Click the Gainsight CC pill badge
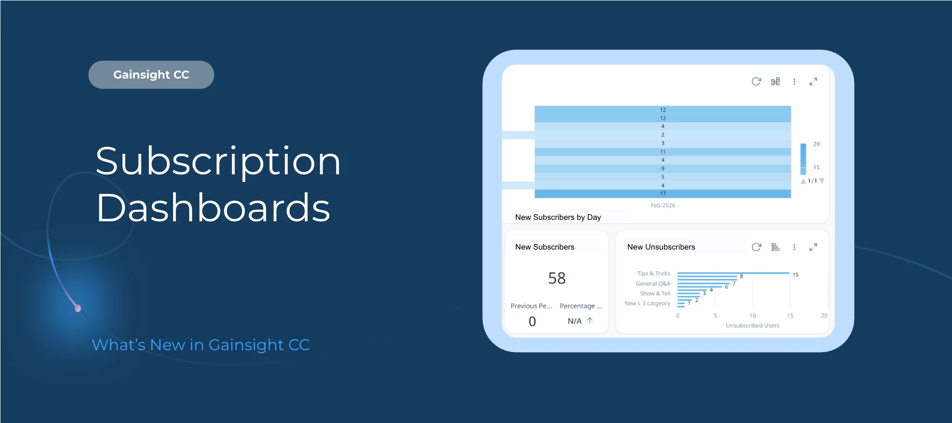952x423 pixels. pyautogui.click(x=151, y=75)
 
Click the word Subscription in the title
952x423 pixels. pyautogui.click(x=218, y=161)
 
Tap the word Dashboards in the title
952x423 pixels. pyautogui.click(x=213, y=208)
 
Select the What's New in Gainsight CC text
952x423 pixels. pyautogui.click(x=200, y=345)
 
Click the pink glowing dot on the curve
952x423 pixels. pyautogui.click(x=78, y=308)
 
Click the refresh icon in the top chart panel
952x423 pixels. pyautogui.click(x=756, y=81)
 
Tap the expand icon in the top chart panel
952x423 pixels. pyautogui.click(x=813, y=81)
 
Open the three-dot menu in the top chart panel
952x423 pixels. pyautogui.click(x=794, y=81)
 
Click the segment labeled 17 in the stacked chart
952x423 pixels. pyautogui.click(x=662, y=194)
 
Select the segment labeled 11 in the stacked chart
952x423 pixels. pyautogui.click(x=662, y=152)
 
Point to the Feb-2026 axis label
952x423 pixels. pyautogui.click(x=662, y=206)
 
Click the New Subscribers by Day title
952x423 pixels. pyautogui.click(x=558, y=217)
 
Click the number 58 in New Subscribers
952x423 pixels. pyautogui.click(x=557, y=278)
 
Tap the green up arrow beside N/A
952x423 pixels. pyautogui.click(x=590, y=320)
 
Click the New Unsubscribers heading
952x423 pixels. pyautogui.click(x=661, y=247)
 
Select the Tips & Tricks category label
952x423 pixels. pyautogui.click(x=653, y=274)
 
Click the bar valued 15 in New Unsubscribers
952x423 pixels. pyautogui.click(x=733, y=273)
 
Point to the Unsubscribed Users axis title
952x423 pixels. pyautogui.click(x=752, y=326)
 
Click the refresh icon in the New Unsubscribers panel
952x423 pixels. pyautogui.click(x=756, y=247)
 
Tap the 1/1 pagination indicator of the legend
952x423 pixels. pyautogui.click(x=812, y=181)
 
